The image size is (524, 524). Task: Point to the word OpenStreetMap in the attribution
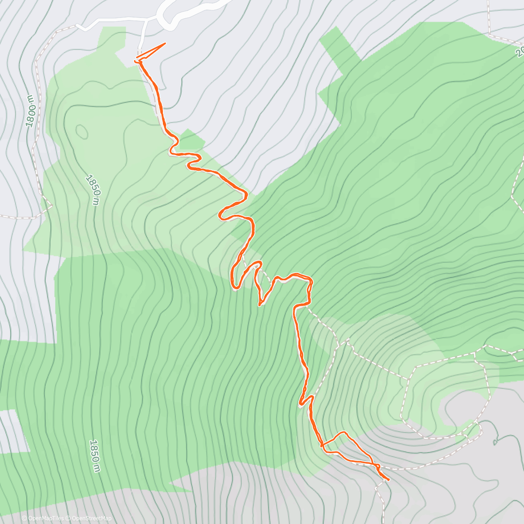[92, 518]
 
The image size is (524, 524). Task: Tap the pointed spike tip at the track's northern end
[165, 44]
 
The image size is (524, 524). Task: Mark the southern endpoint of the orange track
[388, 479]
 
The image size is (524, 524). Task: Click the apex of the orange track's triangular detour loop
[345, 432]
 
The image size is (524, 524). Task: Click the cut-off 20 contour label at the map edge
[519, 52]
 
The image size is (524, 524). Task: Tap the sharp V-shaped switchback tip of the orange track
[260, 305]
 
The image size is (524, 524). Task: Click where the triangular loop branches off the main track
[322, 446]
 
